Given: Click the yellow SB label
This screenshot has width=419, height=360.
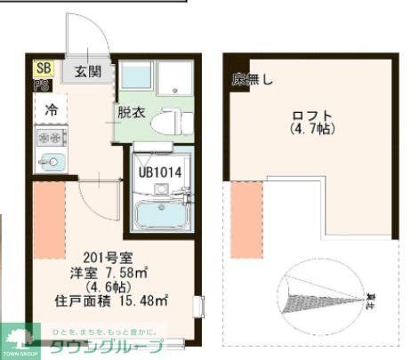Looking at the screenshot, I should (x=44, y=68).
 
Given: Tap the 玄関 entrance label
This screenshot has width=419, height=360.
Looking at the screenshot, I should (x=88, y=71).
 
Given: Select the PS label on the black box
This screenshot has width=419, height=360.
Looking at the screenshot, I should (x=42, y=84).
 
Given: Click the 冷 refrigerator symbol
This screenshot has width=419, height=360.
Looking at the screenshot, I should (x=51, y=111).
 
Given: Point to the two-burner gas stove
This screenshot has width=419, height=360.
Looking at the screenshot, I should (x=50, y=139).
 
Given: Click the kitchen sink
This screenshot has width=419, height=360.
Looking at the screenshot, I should (x=51, y=162).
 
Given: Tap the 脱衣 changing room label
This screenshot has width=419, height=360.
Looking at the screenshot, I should (x=129, y=112).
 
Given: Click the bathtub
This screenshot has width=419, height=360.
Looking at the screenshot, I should (x=161, y=214).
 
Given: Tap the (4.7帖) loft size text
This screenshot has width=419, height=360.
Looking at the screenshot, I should (x=311, y=130).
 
